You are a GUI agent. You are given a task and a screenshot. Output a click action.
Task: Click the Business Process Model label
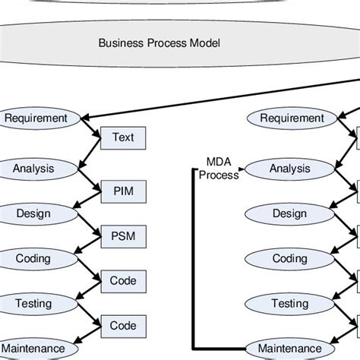pos(159,43)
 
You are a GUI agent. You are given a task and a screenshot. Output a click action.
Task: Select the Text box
pos(122,137)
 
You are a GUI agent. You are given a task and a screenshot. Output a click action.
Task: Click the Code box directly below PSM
pos(122,280)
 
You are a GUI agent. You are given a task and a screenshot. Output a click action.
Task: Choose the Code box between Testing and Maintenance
pos(122,325)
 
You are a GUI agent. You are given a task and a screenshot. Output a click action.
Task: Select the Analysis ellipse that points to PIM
pos(33,168)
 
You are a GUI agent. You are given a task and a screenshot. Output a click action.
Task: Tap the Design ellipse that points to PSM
pos(33,213)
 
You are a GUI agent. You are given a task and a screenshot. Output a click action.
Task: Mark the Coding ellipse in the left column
pos(33,258)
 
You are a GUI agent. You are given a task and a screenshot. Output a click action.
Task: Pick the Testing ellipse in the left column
pos(33,304)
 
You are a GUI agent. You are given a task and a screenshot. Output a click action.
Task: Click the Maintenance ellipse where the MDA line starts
pos(289,349)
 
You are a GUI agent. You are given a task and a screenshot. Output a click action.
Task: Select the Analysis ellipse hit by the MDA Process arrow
pos(289,168)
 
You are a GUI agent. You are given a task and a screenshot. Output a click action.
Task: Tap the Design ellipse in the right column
pos(289,213)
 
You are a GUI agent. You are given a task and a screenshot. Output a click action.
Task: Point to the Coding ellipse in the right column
pos(289,258)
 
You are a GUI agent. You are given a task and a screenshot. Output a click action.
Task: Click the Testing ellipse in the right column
pos(289,304)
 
